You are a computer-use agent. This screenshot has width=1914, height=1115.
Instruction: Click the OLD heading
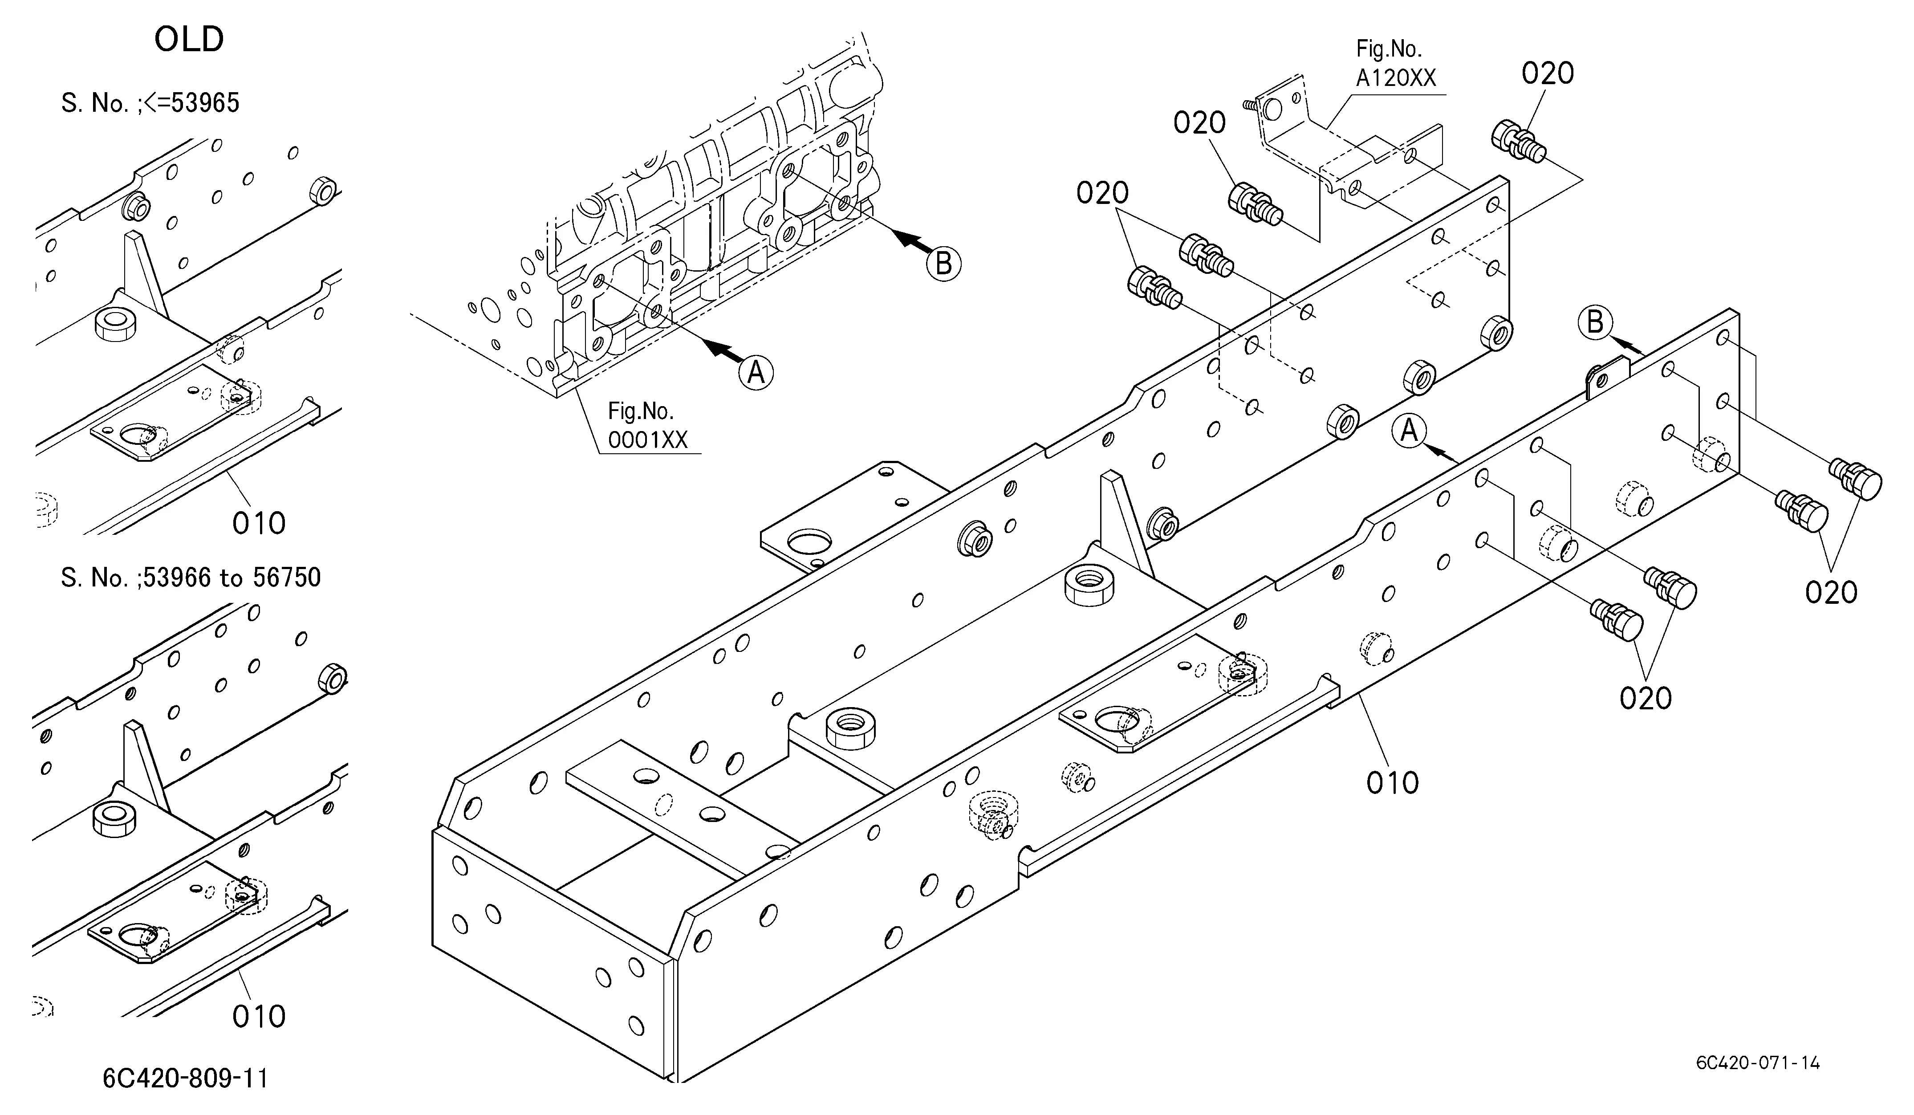click(x=189, y=40)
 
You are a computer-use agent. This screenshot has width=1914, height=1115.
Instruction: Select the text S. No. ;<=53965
click(x=150, y=102)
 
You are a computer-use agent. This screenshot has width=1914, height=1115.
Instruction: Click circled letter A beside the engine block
click(x=756, y=373)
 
